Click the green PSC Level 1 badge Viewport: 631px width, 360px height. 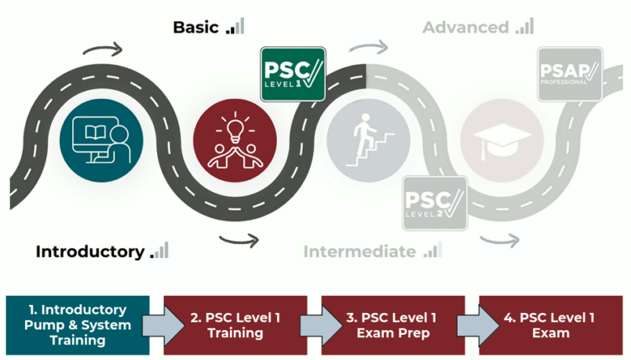coord(293,74)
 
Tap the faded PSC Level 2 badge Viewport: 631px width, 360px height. coord(434,203)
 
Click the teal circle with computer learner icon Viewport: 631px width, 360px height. coord(99,138)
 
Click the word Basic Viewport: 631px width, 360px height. coord(196,27)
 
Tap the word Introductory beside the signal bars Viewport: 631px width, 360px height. coord(90,252)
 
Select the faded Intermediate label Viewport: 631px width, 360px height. coord(359,252)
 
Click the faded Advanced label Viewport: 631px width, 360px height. coord(465,27)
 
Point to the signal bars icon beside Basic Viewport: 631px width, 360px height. coord(235,27)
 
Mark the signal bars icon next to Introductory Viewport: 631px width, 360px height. coord(160,251)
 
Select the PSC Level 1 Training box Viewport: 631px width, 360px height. coord(235,325)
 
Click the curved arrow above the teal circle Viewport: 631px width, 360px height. coord(104,51)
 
